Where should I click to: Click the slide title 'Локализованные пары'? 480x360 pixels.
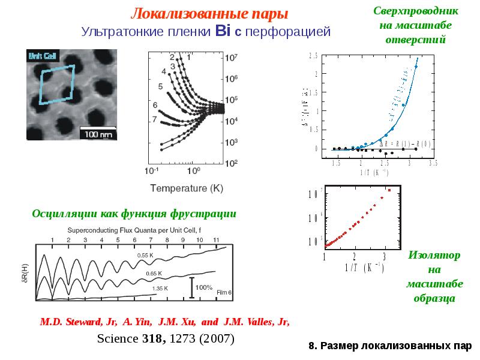[209, 13]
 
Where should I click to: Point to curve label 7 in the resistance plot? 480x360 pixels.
[155, 119]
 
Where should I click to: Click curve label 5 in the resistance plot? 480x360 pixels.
[160, 86]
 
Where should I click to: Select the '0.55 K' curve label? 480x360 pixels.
[146, 256]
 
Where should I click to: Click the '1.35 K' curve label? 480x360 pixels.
[158, 289]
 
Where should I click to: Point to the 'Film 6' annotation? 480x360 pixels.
[223, 292]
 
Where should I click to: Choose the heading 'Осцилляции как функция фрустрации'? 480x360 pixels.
[134, 213]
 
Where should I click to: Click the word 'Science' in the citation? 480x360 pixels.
[118, 339]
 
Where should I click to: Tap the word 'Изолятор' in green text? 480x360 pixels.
[434, 256]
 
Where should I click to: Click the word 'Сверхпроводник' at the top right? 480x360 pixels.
[416, 11]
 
